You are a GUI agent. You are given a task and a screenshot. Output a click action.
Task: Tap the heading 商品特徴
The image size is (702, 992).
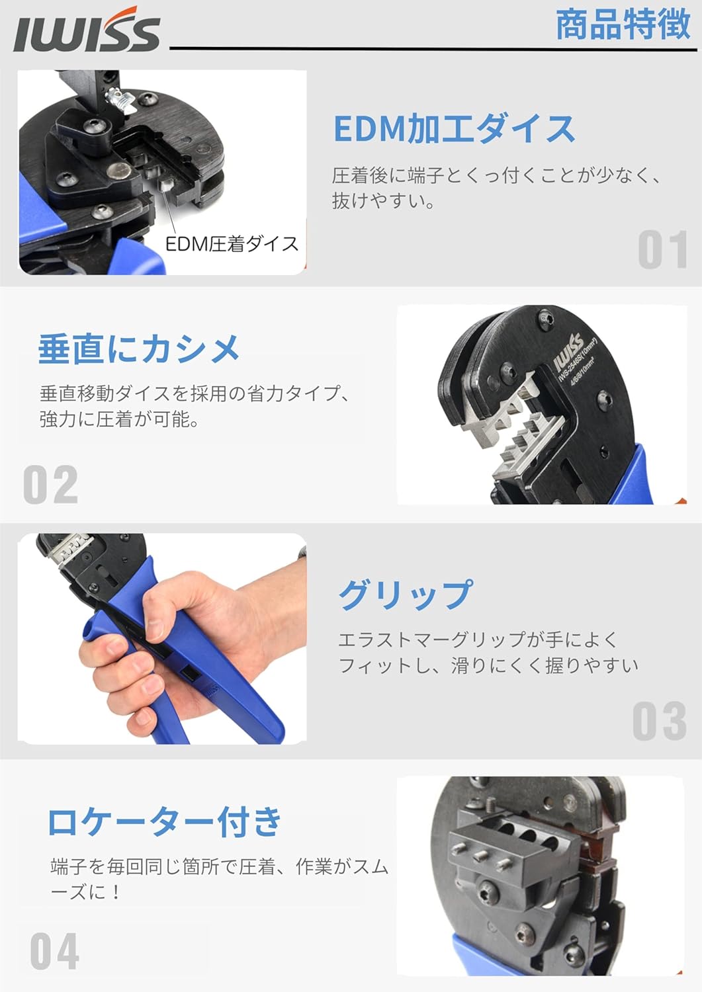[623, 25]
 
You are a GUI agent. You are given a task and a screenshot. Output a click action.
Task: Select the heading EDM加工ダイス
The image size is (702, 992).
[454, 128]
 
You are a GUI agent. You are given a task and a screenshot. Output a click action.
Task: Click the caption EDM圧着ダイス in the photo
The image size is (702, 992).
[232, 244]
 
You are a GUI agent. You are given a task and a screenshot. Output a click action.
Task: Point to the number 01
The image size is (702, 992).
[662, 251]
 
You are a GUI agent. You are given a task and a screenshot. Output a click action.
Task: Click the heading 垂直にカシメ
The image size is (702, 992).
[139, 349]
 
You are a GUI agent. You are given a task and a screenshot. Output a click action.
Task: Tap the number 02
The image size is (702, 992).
[51, 485]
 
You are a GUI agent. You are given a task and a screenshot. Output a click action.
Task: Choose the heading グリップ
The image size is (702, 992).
[406, 594]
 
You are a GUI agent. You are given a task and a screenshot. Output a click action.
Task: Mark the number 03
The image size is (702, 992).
[659, 721]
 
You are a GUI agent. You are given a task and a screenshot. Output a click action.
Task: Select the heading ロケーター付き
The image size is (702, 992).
[165, 822]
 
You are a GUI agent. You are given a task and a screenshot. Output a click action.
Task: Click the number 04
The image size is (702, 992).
[55, 951]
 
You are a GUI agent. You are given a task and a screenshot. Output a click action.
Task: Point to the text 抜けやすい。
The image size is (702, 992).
[384, 200]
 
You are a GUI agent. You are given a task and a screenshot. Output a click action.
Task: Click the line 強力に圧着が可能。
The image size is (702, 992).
[120, 419]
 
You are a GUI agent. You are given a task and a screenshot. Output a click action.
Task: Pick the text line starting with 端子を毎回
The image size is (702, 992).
[219, 866]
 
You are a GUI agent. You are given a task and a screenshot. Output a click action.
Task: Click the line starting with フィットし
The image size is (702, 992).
[488, 665]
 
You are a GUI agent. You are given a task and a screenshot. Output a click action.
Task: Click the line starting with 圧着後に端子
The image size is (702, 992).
[496, 175]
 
